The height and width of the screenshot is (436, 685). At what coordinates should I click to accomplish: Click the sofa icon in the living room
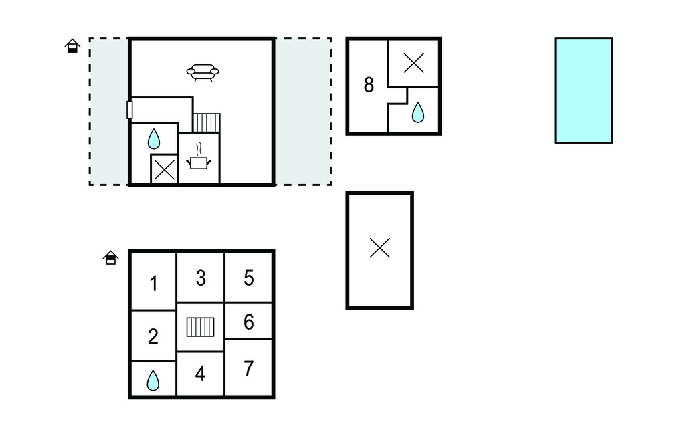point(203,72)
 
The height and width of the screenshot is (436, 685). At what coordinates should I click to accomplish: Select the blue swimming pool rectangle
point(583,90)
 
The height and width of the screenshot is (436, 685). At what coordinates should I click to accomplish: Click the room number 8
point(369,85)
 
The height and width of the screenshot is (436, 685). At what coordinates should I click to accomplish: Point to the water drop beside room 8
point(417,112)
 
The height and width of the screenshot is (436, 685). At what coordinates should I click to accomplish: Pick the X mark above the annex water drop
point(414,64)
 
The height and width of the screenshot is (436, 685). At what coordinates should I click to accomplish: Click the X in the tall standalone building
point(380,249)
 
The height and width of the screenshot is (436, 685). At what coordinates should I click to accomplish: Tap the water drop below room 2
point(153,380)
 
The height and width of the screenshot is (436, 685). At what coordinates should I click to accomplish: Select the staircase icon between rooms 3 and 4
point(200,327)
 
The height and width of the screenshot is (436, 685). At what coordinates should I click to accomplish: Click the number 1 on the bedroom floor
point(154,284)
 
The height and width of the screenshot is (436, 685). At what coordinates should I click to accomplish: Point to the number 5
point(249,278)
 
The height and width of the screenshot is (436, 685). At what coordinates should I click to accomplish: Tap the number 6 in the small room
point(249,322)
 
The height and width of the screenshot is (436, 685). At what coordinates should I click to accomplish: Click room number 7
point(249,368)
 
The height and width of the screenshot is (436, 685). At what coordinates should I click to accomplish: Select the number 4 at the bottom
point(200,374)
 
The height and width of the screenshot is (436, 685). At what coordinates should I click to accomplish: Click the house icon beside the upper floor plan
point(72,46)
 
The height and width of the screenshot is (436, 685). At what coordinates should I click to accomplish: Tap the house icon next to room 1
point(111,257)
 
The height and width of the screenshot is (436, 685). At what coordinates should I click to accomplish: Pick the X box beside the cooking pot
point(164,169)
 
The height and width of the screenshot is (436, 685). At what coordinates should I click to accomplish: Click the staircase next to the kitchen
point(206,123)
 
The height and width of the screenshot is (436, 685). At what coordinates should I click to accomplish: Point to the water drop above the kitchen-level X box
point(154,138)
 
